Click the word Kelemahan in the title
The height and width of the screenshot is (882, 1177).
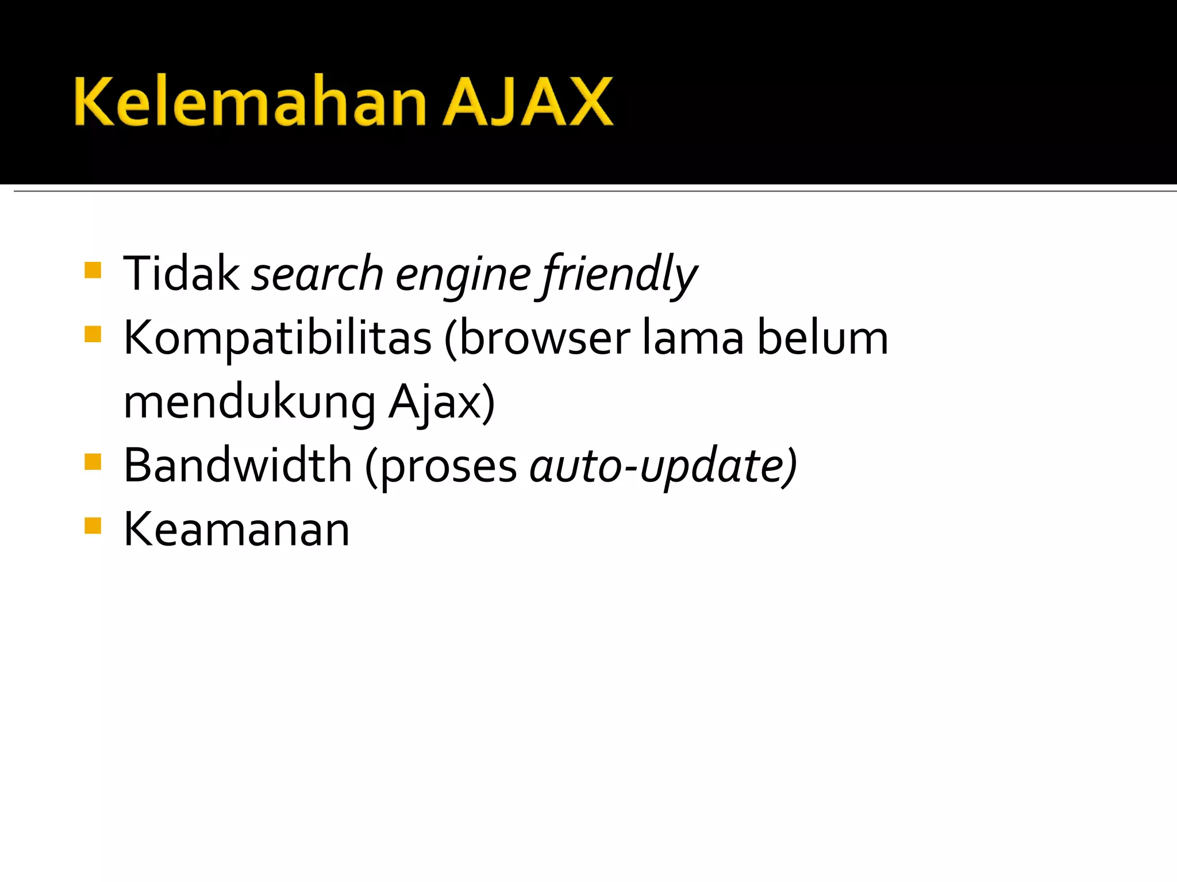(250, 102)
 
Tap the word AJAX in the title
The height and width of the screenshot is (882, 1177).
(528, 102)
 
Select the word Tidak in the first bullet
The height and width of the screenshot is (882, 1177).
(181, 274)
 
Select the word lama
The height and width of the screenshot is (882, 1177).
(693, 338)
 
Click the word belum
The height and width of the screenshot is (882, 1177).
(822, 338)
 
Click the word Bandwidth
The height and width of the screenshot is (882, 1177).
(237, 465)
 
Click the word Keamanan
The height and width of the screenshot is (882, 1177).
(236, 529)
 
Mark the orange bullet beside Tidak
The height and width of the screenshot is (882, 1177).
(93, 270)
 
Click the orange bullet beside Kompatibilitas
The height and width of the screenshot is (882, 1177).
(93, 334)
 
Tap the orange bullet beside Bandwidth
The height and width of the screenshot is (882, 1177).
(93, 462)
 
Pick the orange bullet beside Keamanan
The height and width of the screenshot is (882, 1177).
(93, 526)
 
